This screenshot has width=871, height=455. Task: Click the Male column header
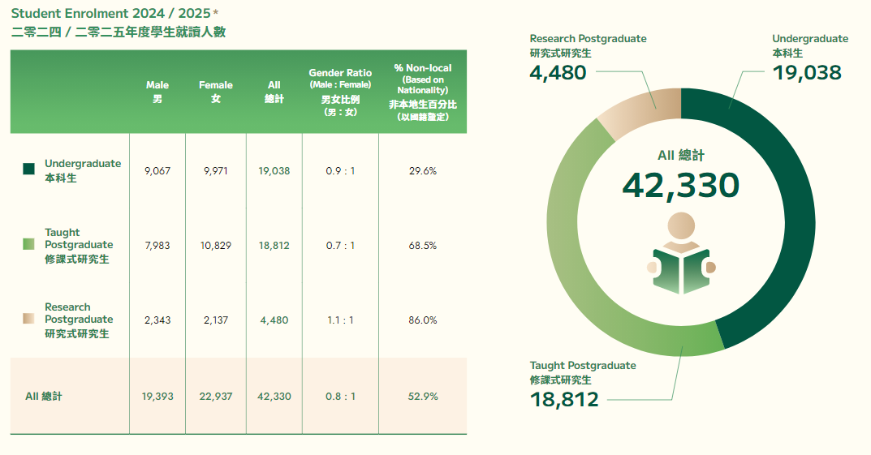[157, 91]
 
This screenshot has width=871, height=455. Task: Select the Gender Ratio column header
[340, 92]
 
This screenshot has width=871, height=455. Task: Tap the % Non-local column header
[422, 92]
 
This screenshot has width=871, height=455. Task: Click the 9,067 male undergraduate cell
[157, 171]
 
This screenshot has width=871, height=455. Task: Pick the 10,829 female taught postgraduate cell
[216, 245]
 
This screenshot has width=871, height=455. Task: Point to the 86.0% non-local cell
[422, 320]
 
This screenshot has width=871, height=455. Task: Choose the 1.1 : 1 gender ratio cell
[340, 320]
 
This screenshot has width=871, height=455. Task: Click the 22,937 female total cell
[216, 397]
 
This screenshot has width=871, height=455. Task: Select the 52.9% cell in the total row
[422, 397]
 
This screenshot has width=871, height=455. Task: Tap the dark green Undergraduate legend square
[28, 169]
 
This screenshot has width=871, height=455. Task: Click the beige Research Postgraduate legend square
[28, 319]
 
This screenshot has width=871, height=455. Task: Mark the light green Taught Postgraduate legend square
[28, 244]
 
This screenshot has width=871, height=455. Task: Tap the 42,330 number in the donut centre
[680, 186]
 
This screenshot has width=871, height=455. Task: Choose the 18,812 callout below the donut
[564, 399]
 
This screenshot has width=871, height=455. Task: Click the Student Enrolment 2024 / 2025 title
[114, 14]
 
